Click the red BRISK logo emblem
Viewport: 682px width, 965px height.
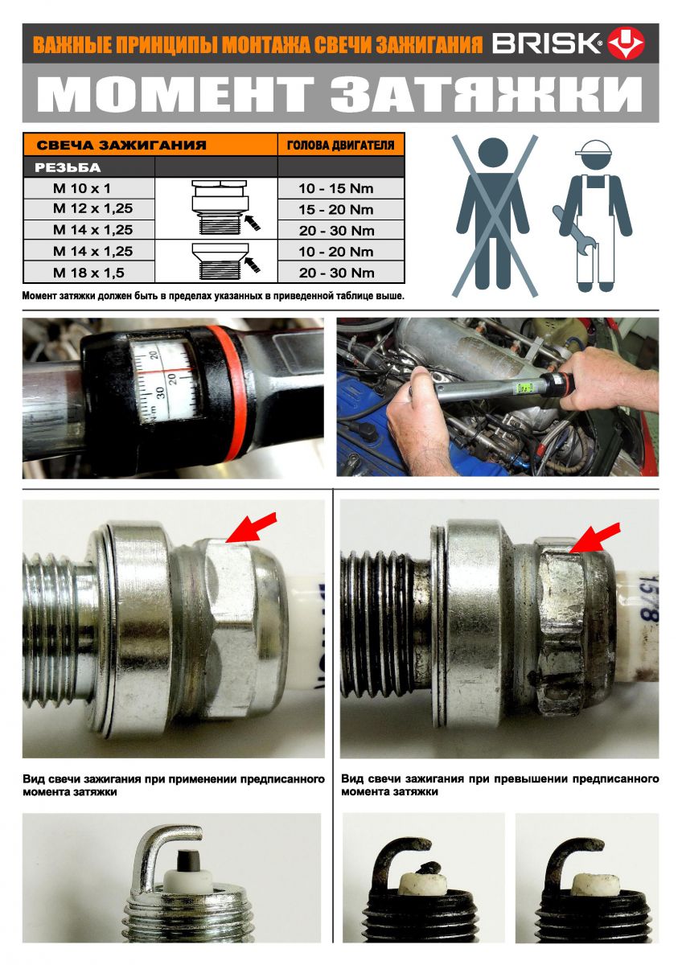click(626, 43)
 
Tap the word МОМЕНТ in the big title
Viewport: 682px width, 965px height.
click(176, 94)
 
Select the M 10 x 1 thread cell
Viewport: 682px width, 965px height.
click(82, 188)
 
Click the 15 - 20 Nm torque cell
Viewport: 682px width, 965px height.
click(336, 209)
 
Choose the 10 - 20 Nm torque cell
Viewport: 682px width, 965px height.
click(336, 252)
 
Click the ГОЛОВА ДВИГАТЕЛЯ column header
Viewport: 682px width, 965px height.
click(340, 146)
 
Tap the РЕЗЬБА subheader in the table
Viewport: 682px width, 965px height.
click(68, 167)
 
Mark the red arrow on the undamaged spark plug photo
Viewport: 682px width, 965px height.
click(251, 528)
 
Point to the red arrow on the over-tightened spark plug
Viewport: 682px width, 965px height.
click(595, 537)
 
